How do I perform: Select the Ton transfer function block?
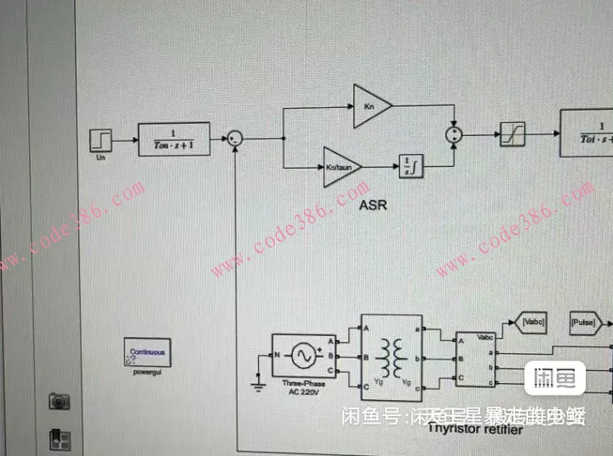(x=174, y=139)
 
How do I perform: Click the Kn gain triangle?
(x=371, y=106)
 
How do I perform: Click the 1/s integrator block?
(x=411, y=166)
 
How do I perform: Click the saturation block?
(x=513, y=134)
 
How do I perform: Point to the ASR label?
(x=373, y=205)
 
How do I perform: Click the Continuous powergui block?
(x=147, y=352)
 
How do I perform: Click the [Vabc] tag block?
(x=530, y=323)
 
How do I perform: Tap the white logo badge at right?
(x=554, y=377)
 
